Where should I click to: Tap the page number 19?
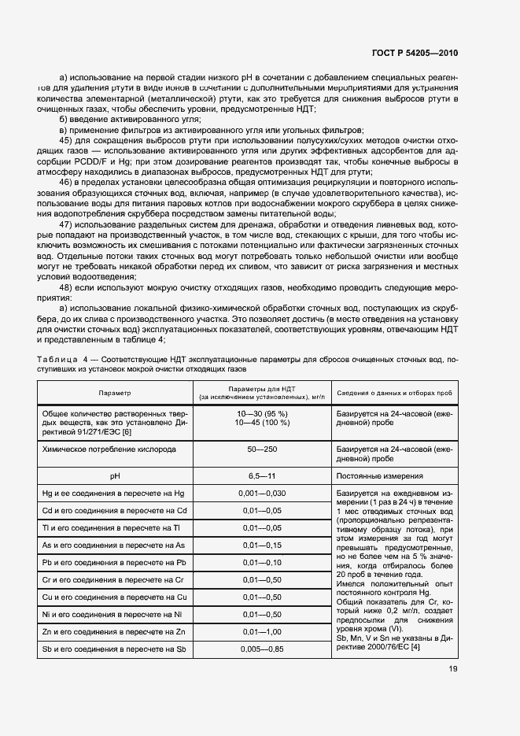coord(452,669)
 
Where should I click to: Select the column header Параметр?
coord(115,392)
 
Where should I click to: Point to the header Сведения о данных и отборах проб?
coord(394,392)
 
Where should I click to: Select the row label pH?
coord(115,475)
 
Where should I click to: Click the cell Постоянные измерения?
coord(380,475)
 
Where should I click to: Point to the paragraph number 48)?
coord(67,287)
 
